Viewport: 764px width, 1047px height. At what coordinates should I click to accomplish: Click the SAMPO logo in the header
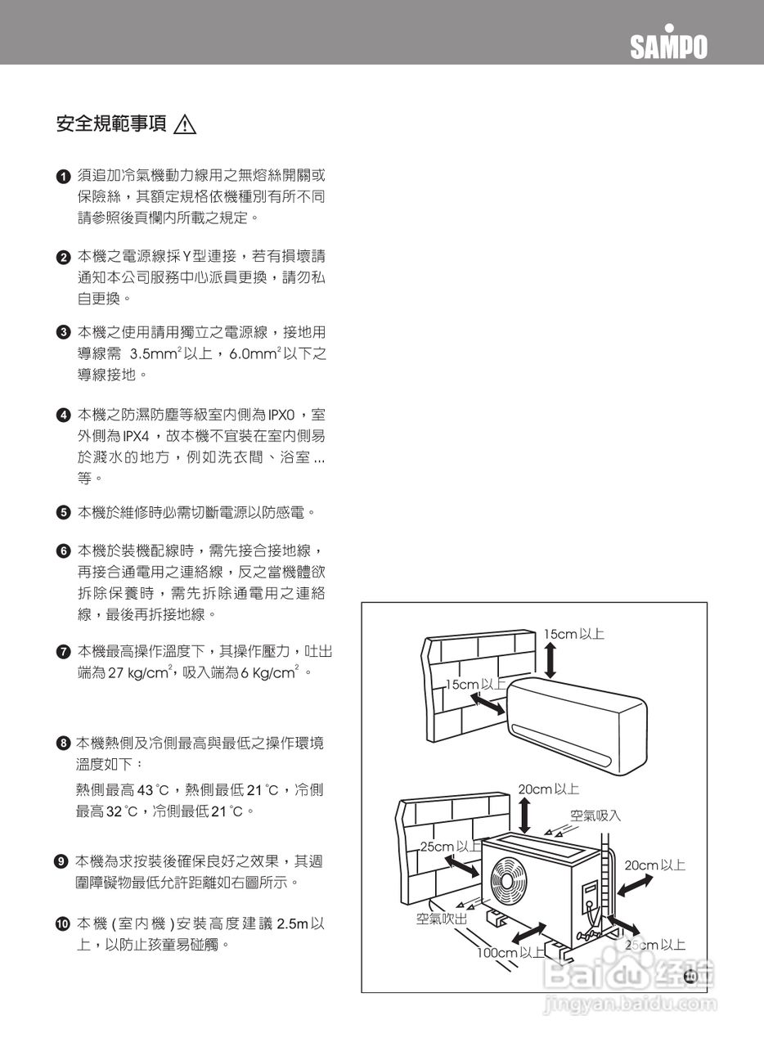click(x=668, y=46)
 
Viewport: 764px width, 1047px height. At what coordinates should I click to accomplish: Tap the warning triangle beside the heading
click(x=186, y=125)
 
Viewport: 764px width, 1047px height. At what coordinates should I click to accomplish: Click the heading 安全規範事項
click(x=111, y=124)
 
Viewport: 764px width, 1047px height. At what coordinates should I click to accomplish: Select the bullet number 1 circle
click(x=63, y=176)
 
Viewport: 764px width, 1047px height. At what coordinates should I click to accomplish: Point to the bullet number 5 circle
click(x=63, y=514)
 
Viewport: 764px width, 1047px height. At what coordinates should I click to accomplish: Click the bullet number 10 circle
click(x=62, y=923)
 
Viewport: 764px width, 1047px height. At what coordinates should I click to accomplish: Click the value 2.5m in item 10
click(x=293, y=923)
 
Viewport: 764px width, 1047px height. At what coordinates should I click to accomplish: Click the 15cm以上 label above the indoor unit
click(x=573, y=634)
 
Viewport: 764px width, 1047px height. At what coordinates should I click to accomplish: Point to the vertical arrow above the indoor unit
click(x=551, y=660)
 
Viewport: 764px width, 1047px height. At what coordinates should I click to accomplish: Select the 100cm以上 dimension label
click(x=512, y=952)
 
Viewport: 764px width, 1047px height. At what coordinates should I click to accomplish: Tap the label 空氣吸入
click(x=595, y=816)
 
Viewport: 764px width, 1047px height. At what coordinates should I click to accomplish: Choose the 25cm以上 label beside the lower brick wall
click(x=451, y=846)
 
